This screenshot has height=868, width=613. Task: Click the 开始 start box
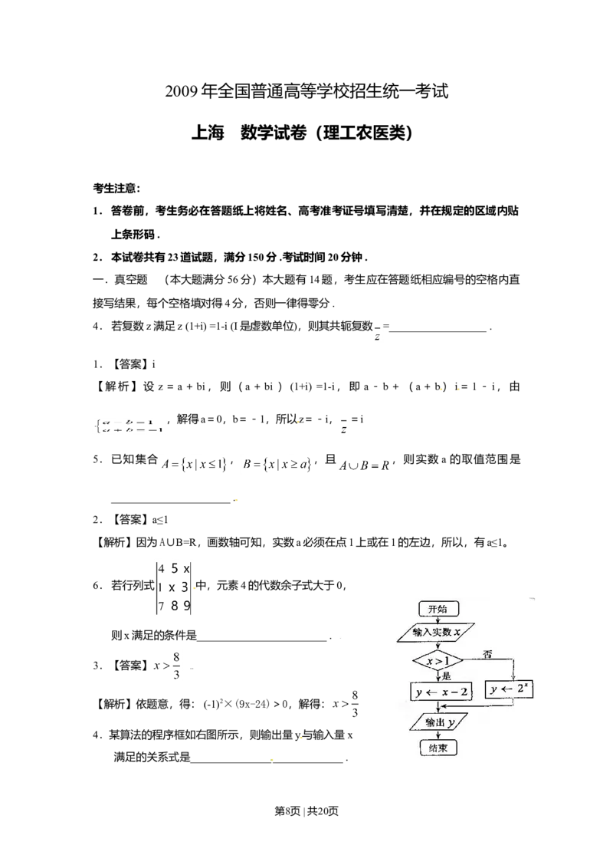(x=438, y=609)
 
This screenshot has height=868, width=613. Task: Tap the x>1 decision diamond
(x=438, y=660)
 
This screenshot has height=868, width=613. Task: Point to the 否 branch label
(x=487, y=654)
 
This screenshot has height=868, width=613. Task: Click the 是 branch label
(x=447, y=676)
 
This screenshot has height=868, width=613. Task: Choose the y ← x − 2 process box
(x=441, y=691)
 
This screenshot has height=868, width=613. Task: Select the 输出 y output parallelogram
(x=438, y=722)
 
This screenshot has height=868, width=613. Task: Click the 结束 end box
(x=438, y=747)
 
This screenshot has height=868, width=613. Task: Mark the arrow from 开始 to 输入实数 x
(x=438, y=620)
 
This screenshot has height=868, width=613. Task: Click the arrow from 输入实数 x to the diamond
(x=438, y=646)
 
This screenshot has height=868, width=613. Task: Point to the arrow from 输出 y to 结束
(x=438, y=735)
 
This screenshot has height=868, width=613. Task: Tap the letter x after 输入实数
(x=457, y=633)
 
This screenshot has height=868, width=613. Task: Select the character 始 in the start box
(x=444, y=609)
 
